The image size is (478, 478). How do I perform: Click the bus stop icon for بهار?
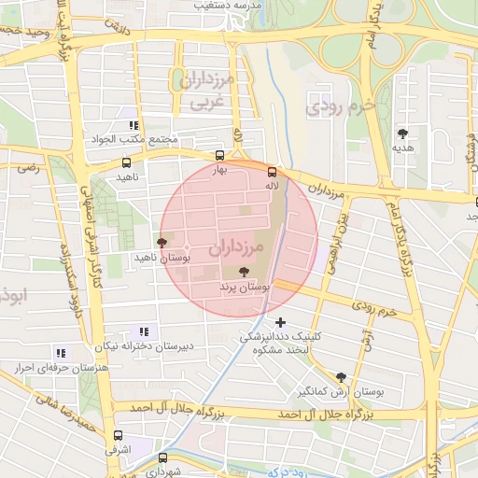coord(219,157)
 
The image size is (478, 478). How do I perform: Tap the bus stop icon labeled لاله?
coord(272,172)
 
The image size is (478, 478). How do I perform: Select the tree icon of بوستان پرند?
coord(244,273)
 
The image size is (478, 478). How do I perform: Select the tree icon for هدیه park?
coord(403,134)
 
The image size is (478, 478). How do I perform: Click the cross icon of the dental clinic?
coord(280,322)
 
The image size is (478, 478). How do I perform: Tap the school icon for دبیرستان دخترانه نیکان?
coord(144,330)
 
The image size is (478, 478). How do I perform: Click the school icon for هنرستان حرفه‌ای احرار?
coord(61,353)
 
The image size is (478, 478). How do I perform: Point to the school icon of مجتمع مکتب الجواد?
coord(134,125)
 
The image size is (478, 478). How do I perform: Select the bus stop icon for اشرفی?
coord(118,434)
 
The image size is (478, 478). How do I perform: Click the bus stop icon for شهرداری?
coord(163,457)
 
